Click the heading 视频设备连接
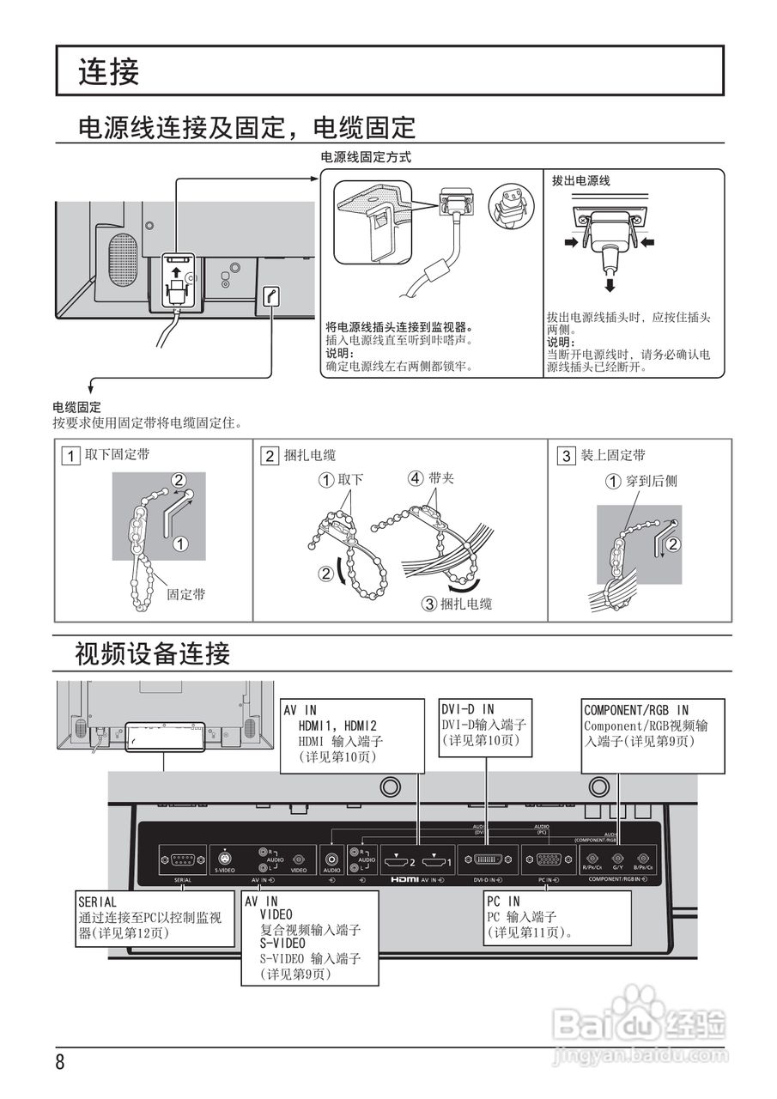pos(152,654)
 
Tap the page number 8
pos(60,1062)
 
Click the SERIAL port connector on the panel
pos(182,859)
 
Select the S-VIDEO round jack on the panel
pos(225,859)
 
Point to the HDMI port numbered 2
pos(397,859)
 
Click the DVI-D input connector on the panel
pos(488,859)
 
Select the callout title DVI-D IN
pos(468,710)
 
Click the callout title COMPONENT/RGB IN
pos(635,710)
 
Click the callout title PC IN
pos(503,902)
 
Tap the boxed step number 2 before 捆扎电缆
pos(270,456)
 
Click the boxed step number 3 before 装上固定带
pos(566,456)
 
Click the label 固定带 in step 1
pos(185,593)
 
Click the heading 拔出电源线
pos(580,180)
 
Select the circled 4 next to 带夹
pos(416,478)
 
